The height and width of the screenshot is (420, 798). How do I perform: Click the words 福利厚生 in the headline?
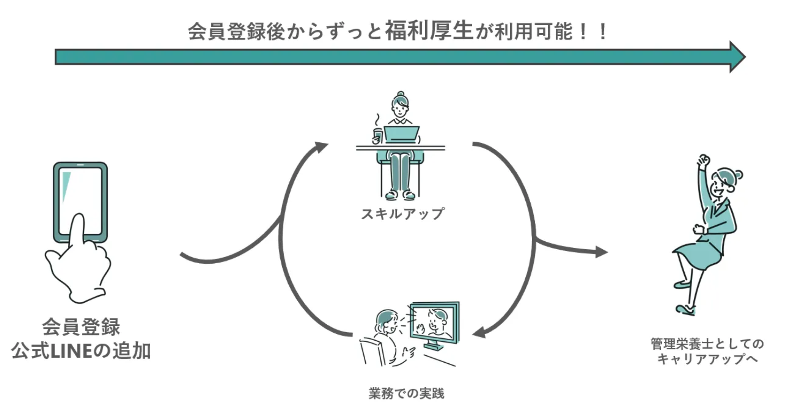tap(429, 31)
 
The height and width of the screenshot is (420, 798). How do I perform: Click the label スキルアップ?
tap(402, 214)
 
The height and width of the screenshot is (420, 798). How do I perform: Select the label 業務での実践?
tap(406, 393)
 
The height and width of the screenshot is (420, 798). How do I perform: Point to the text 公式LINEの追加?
tap(81, 351)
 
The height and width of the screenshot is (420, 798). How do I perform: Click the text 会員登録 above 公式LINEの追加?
tap(81, 327)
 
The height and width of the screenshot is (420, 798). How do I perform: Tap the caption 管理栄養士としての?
tap(707, 344)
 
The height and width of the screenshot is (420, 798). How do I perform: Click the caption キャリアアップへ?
tap(707, 359)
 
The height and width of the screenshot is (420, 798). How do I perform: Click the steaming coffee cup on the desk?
tap(377, 136)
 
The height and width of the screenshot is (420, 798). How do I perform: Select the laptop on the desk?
tap(401, 134)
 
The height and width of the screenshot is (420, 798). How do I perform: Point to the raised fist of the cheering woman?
tap(703, 161)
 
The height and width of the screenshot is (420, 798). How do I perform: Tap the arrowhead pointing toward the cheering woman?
tap(601, 252)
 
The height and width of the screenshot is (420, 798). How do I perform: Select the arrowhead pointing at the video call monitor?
tap(479, 332)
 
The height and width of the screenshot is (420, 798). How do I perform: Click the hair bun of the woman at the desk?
tap(400, 94)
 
